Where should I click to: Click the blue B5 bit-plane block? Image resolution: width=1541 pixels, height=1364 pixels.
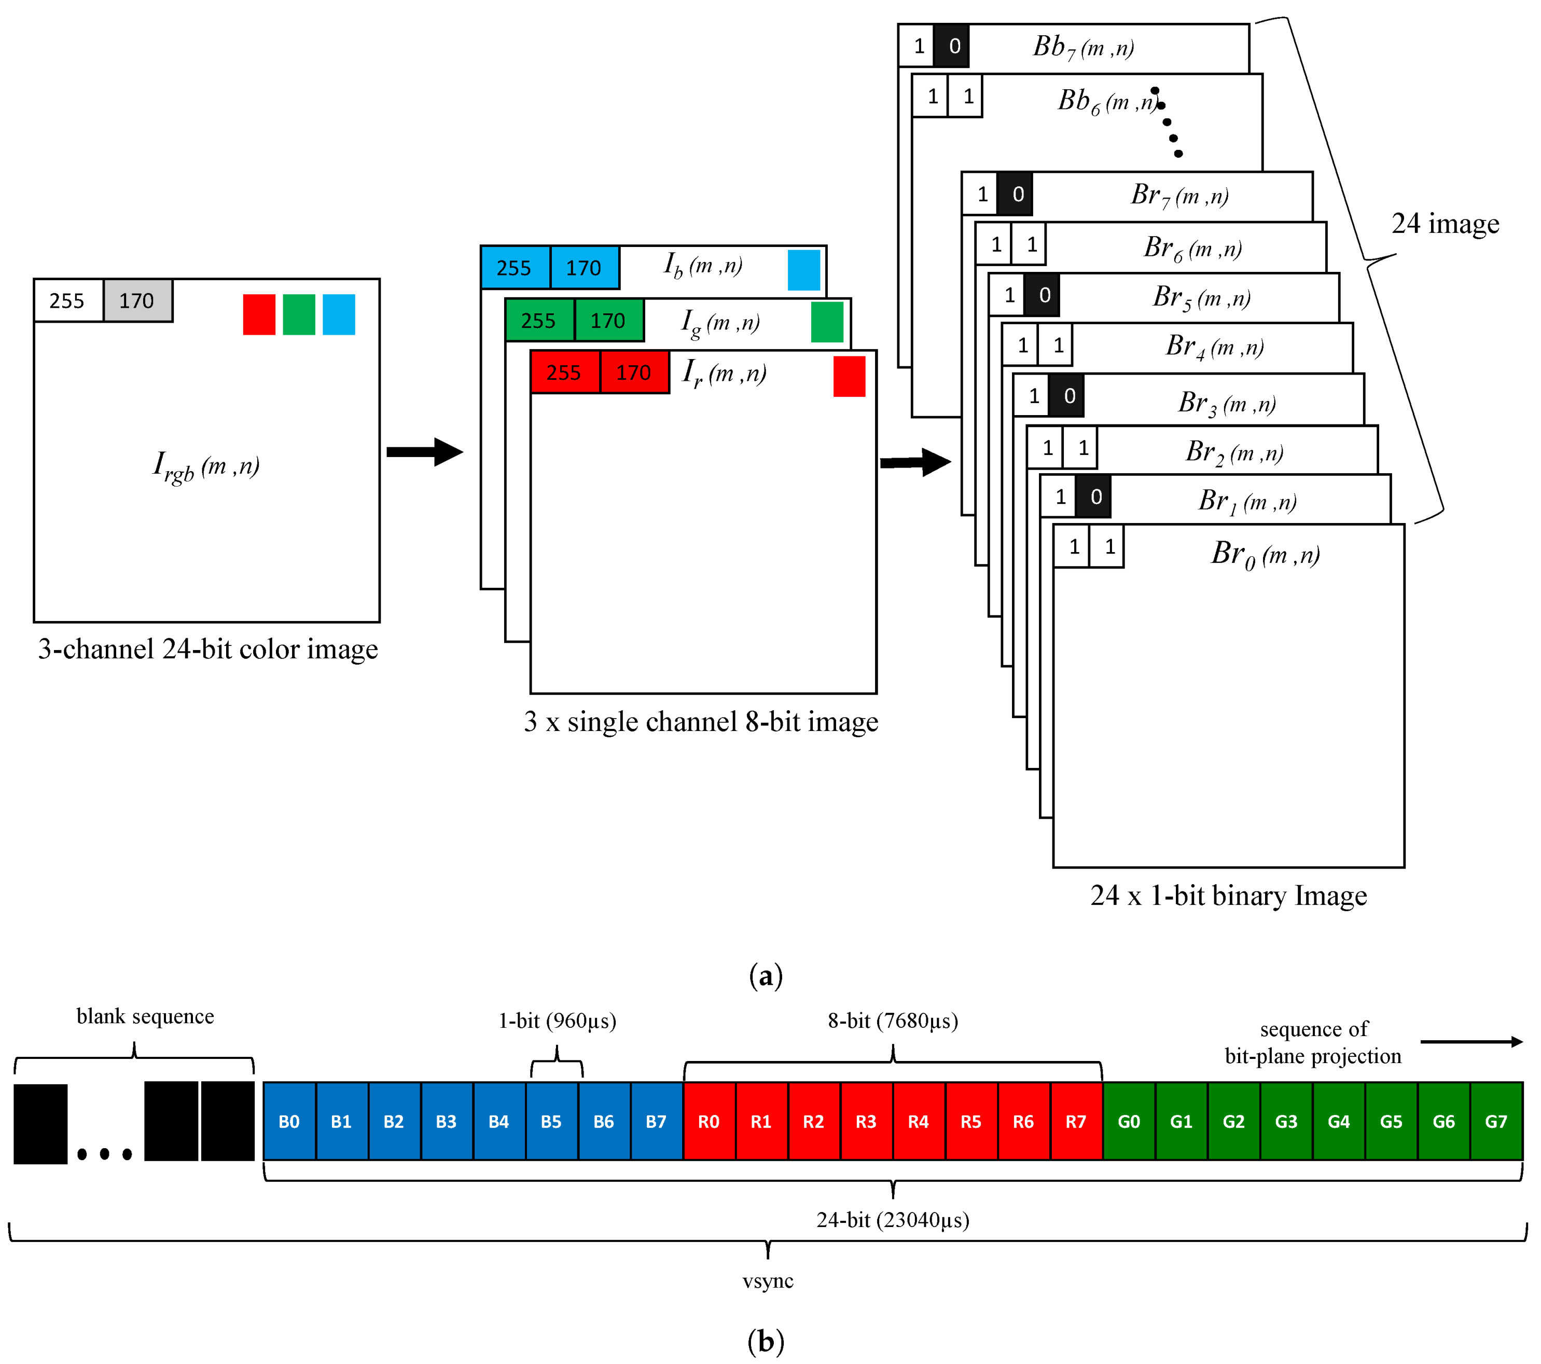551,1121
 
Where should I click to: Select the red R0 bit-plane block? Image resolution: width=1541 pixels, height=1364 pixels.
709,1121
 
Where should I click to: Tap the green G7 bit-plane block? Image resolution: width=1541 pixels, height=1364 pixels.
1496,1121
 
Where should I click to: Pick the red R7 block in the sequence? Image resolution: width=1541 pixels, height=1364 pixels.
1076,1121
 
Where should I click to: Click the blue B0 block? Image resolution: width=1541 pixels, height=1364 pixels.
289,1121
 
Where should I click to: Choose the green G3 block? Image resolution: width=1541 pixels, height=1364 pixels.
1286,1121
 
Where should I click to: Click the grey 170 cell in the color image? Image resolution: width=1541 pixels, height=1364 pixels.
137,301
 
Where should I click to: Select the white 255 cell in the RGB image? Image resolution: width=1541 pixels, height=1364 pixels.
68,301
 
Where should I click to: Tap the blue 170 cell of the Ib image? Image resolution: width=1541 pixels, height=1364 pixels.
584,268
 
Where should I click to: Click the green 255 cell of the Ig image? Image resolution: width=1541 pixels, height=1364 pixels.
539,321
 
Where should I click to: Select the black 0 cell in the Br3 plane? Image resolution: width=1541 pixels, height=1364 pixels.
1068,396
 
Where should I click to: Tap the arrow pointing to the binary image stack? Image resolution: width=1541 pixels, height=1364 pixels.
915,462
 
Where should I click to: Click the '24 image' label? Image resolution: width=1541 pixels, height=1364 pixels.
1445,224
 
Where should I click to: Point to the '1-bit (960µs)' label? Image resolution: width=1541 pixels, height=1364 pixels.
557,1021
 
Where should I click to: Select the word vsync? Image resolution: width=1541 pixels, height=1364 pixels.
768,1281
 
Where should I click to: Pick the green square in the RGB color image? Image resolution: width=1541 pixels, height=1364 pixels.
299,314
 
